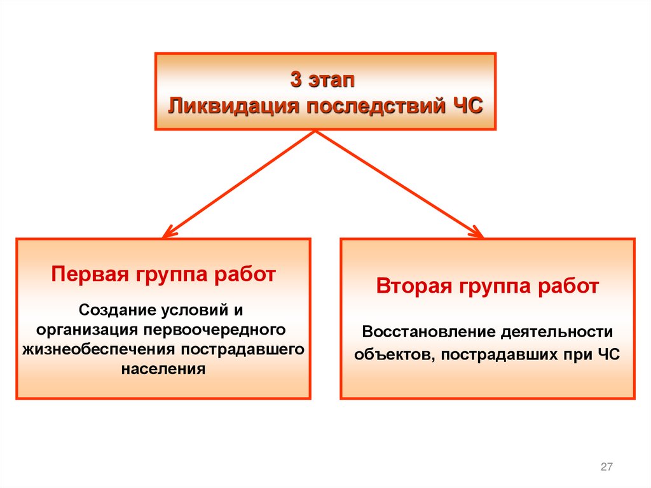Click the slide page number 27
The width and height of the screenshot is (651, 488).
[x=606, y=468]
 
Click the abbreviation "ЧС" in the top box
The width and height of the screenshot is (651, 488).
[x=467, y=104]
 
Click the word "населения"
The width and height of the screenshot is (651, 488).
[x=163, y=368]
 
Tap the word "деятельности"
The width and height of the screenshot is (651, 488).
[x=555, y=332]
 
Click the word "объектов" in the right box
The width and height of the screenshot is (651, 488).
[x=391, y=354]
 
